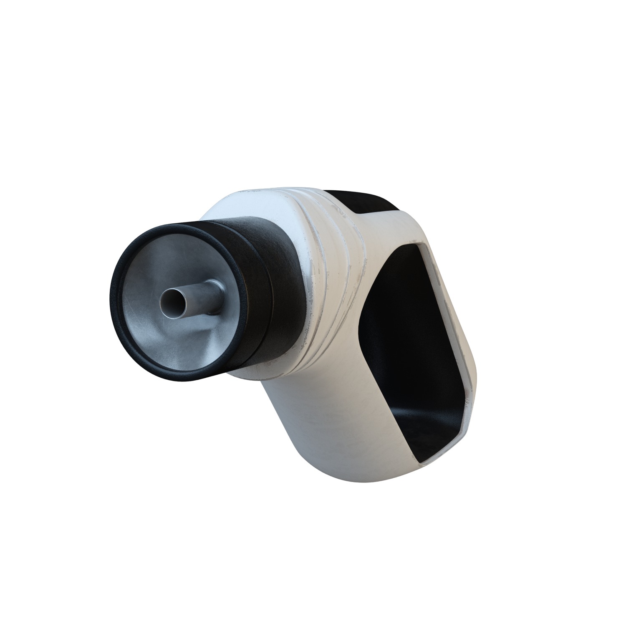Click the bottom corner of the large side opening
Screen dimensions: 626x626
(422, 461)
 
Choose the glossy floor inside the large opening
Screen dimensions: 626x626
(430, 430)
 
